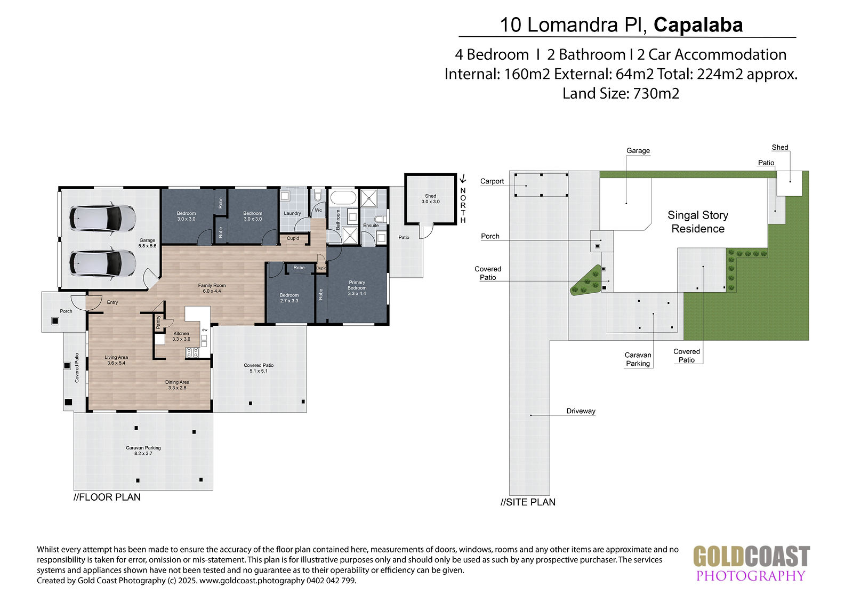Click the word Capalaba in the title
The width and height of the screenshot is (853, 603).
(x=698, y=25)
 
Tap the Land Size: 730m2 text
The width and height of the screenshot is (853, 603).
(x=621, y=93)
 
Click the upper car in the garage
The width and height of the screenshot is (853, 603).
(x=103, y=218)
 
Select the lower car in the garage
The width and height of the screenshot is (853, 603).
(x=103, y=263)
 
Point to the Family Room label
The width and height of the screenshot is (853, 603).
(x=212, y=288)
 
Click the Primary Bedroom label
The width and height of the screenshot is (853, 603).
(x=357, y=287)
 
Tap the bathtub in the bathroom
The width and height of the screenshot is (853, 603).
(x=343, y=198)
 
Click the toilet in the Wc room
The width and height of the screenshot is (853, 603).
(x=318, y=196)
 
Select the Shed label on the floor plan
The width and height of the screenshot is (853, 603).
(x=430, y=198)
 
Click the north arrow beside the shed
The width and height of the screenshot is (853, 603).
(x=463, y=178)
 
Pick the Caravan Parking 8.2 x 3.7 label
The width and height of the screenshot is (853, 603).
(x=143, y=450)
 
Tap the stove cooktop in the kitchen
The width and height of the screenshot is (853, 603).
(x=192, y=352)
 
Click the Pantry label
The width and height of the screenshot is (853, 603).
(x=158, y=322)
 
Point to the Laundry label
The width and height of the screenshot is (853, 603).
(x=292, y=213)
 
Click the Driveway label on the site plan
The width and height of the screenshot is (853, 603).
(x=581, y=411)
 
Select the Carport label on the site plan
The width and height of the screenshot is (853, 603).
(x=492, y=181)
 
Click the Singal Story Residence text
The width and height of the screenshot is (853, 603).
(x=698, y=222)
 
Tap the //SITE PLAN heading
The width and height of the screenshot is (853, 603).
(x=528, y=502)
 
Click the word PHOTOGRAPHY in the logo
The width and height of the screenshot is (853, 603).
(x=751, y=576)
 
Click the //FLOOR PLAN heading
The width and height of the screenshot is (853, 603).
(x=107, y=497)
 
